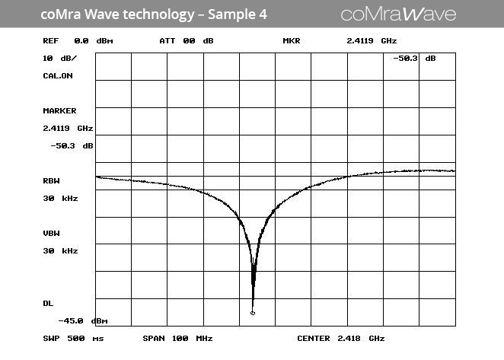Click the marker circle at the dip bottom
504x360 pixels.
pyautogui.click(x=253, y=313)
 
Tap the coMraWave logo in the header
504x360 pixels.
pyautogui.click(x=398, y=14)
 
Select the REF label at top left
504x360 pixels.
pyautogui.click(x=50, y=41)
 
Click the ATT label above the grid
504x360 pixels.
pyautogui.click(x=167, y=41)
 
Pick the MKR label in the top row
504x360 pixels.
pyautogui.click(x=292, y=41)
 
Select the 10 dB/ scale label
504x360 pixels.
pyautogui.click(x=59, y=59)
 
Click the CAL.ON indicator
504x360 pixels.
pyautogui.click(x=58, y=76)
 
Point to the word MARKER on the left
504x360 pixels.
pyautogui.click(x=59, y=111)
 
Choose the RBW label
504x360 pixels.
pyautogui.click(x=51, y=181)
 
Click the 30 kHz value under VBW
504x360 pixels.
pyautogui.click(x=59, y=251)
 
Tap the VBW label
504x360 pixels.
pyautogui.click(x=51, y=234)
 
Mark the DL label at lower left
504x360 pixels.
pyautogui.click(x=48, y=304)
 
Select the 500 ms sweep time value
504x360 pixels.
pyautogui.click(x=87, y=339)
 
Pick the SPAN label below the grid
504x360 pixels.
pyautogui.click(x=152, y=339)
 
